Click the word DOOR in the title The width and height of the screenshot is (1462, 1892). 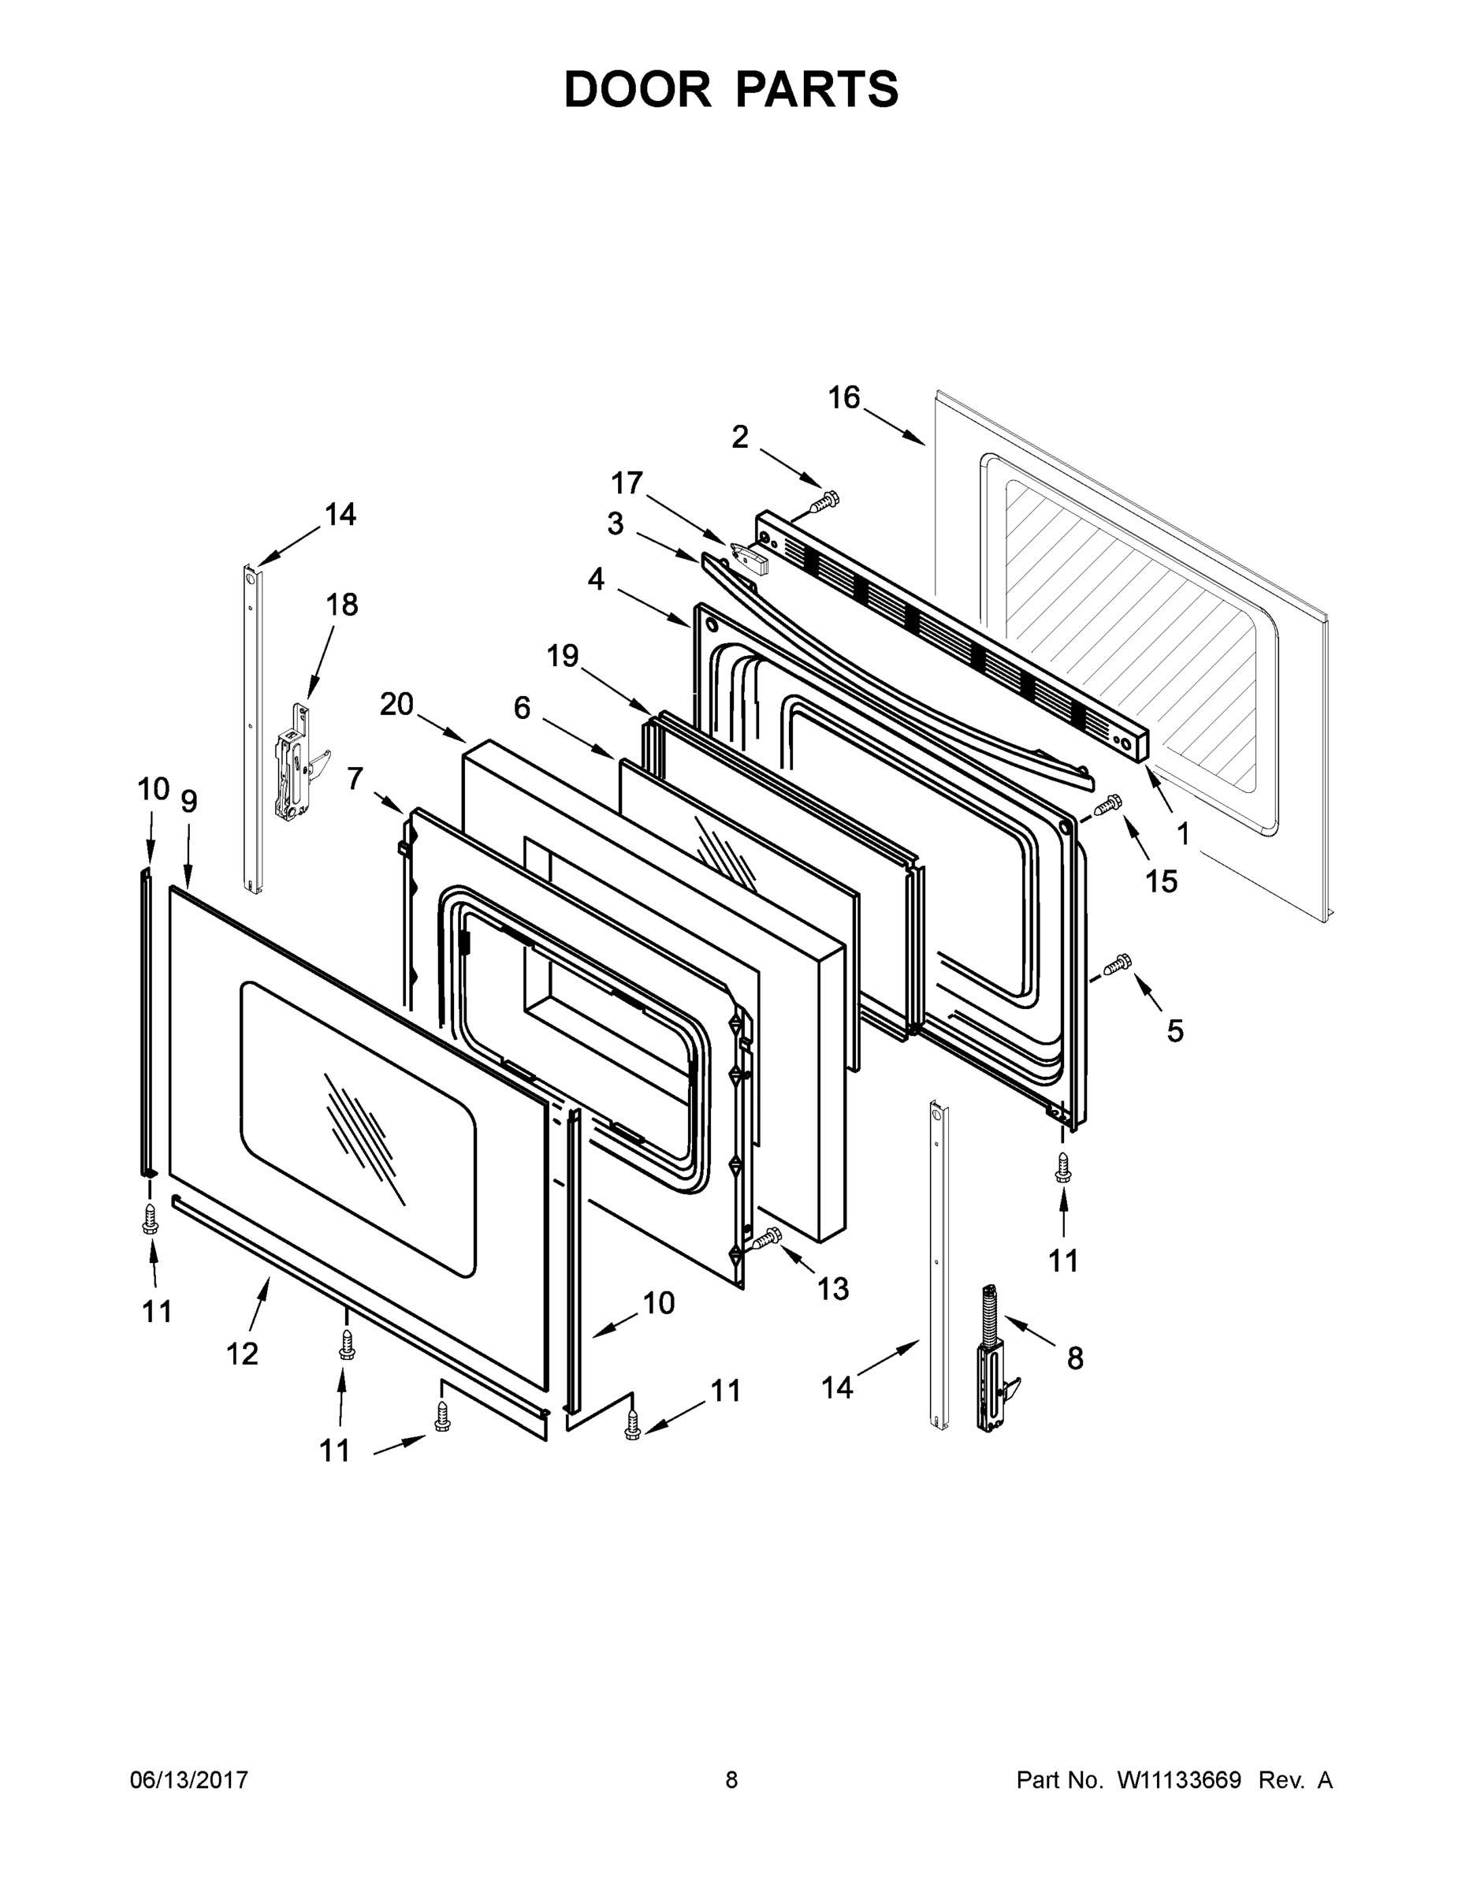[638, 89]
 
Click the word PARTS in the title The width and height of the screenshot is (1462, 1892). [817, 89]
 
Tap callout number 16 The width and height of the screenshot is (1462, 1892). [843, 397]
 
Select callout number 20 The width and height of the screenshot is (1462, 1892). [396, 704]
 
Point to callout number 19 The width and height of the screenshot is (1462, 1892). [563, 656]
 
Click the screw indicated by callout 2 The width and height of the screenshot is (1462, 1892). [824, 501]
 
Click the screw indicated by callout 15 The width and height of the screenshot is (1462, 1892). [1109, 805]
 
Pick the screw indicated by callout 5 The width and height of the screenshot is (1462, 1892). [1118, 962]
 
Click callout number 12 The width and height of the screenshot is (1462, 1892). [243, 1353]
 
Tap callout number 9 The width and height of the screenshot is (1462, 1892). [189, 801]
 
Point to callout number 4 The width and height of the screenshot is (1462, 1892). [596, 579]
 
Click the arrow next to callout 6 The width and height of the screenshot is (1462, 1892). [580, 737]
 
